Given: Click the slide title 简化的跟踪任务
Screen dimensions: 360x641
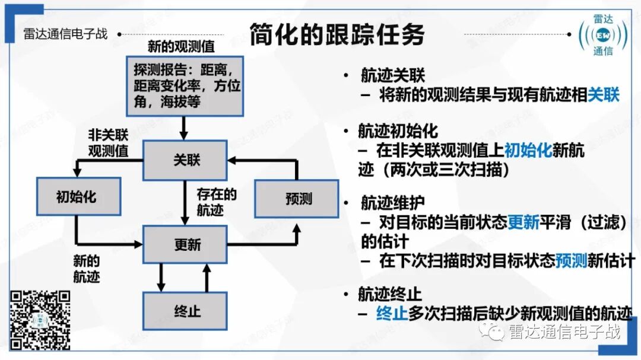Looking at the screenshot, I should [337, 34].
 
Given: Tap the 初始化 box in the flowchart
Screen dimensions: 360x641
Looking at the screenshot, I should [76, 196].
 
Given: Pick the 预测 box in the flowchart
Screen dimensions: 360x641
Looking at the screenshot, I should [298, 198].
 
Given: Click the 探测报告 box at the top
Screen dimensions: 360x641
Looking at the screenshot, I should [184, 86].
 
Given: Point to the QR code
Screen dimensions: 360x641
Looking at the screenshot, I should [41, 320].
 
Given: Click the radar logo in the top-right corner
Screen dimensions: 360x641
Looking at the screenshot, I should [603, 35].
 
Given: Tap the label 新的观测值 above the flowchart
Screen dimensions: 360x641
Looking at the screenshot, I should [181, 46].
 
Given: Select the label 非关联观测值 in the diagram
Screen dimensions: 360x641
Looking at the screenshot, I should [108, 142].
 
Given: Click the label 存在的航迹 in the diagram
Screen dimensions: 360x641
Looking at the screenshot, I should [217, 202].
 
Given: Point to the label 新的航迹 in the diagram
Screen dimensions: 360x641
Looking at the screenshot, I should [86, 269].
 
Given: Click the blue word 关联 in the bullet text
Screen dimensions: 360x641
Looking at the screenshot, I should [603, 95].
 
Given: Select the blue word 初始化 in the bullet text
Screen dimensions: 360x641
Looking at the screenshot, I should [528, 151].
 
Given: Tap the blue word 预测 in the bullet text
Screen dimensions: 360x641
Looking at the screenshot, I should [571, 261].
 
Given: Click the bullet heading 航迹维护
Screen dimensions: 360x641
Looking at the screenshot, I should [392, 203].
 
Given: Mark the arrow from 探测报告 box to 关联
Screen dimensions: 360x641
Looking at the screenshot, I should [183, 128].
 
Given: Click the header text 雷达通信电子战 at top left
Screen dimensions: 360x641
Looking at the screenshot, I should [65, 33].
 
